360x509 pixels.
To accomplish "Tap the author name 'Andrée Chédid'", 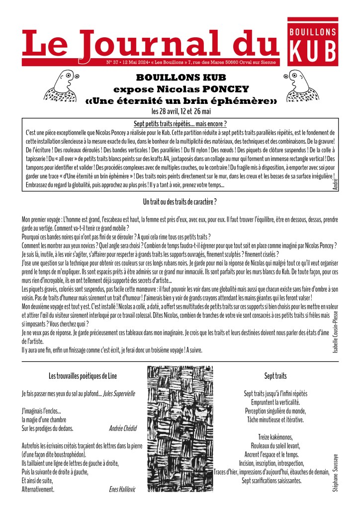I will [x=122, y=427].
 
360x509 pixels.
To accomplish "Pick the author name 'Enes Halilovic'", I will [x=122, y=490].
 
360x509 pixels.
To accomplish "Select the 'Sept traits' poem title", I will [x=275, y=376].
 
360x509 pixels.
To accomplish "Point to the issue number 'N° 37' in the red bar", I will [x=112, y=63].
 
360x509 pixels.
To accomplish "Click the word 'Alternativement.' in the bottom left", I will [x=38, y=490].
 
